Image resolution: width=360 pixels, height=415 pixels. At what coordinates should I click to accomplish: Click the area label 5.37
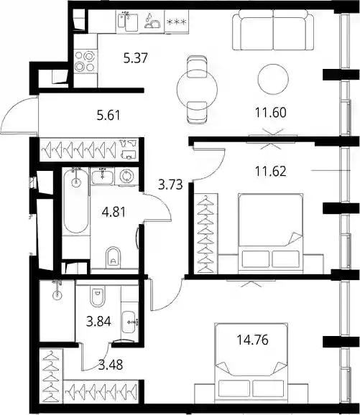(135, 58)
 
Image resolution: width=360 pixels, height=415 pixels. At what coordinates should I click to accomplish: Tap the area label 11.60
(271, 112)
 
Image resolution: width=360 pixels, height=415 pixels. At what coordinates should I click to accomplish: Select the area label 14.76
(252, 340)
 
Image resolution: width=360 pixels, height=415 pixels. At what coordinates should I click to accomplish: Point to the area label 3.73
(170, 185)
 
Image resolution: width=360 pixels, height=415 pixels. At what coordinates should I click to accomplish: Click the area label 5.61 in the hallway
(109, 116)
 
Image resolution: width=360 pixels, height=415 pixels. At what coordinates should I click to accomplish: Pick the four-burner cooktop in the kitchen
(85, 62)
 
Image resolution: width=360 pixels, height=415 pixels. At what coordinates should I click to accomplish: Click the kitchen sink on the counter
(128, 22)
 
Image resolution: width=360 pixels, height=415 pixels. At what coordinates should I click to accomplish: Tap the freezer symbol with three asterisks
(177, 22)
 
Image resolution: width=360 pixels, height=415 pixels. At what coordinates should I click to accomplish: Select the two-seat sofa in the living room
(273, 30)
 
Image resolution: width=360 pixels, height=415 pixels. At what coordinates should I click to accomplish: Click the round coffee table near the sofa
(273, 78)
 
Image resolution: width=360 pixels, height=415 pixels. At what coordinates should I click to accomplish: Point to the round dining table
(197, 90)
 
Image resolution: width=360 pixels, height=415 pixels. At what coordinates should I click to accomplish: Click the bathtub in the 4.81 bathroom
(76, 200)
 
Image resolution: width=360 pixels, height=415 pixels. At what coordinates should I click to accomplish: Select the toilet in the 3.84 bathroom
(98, 296)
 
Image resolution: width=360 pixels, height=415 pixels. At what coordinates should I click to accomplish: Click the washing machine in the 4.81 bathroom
(126, 176)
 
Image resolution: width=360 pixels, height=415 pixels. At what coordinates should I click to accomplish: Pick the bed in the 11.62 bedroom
(270, 233)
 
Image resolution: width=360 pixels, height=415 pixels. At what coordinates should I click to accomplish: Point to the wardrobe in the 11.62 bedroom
(206, 233)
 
